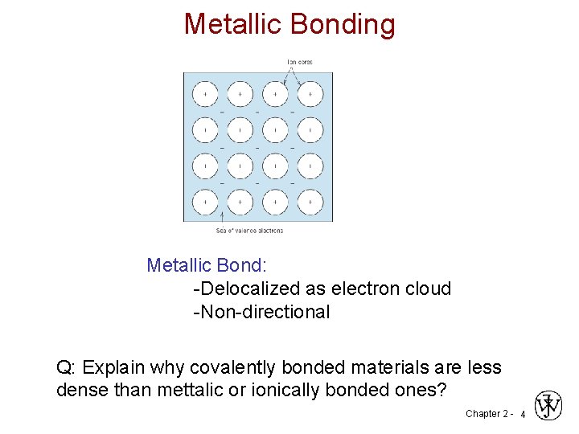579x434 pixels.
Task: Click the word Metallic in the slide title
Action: pyautogui.click(x=232, y=24)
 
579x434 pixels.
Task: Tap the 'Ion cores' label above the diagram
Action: pyautogui.click(x=301, y=62)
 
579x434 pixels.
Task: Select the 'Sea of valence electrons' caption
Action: pyautogui.click(x=249, y=231)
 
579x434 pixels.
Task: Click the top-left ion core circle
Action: pyautogui.click(x=205, y=94)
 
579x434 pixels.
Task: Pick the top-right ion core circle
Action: pyautogui.click(x=310, y=94)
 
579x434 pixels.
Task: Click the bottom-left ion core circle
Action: pyautogui.click(x=205, y=201)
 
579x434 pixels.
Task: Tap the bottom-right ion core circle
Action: pyautogui.click(x=310, y=201)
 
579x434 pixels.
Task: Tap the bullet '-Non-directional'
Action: pyautogui.click(x=261, y=312)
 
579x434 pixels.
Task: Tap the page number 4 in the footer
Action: pyautogui.click(x=523, y=414)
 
